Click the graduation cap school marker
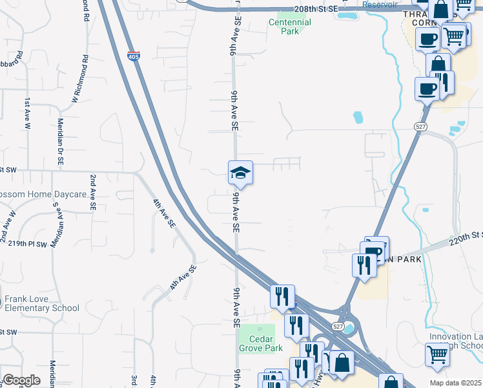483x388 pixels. click(x=240, y=173)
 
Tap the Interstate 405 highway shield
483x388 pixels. click(x=134, y=57)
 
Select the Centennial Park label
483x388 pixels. click(x=290, y=27)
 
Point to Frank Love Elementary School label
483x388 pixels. click(x=41, y=304)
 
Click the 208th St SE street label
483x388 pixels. click(x=314, y=8)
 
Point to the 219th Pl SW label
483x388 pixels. click(x=28, y=244)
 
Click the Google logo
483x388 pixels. click(x=21, y=380)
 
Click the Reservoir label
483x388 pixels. click(x=380, y=5)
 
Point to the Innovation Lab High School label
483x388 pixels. click(x=455, y=341)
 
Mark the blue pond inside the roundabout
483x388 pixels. click(x=349, y=329)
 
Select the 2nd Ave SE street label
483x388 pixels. click(x=93, y=193)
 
